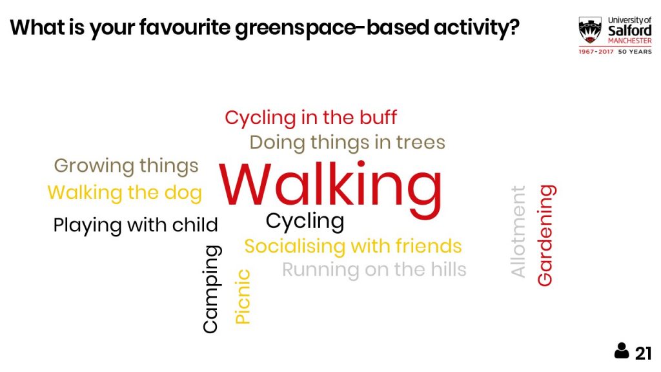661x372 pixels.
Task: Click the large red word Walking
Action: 330,187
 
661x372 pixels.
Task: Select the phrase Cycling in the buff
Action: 310,118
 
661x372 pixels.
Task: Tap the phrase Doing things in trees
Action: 347,143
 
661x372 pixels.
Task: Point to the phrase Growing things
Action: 126,166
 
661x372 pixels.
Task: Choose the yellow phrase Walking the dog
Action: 125,193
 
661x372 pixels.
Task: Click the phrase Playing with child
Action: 136,225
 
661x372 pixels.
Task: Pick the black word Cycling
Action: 305,222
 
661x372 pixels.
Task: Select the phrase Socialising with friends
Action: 353,246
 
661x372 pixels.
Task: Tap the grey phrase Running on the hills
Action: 374,270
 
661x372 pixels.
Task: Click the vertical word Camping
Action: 211,289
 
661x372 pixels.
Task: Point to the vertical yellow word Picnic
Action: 243,296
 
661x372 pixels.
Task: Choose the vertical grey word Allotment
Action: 518,231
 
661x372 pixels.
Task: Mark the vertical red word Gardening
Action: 546,235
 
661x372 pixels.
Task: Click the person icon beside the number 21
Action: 622,351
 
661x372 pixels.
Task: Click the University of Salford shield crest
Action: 590,30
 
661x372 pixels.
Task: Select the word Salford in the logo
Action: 630,31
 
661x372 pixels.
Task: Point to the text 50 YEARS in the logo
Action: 635,52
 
